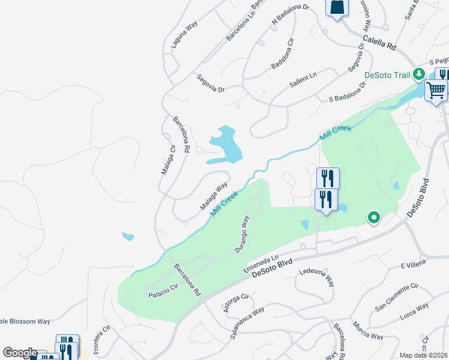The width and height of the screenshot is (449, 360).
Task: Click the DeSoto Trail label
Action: tap(388, 75)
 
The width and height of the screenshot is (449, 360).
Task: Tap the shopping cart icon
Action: tap(436, 91)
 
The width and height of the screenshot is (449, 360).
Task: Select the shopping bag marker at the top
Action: tap(337, 7)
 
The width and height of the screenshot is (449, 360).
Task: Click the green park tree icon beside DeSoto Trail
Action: tap(420, 74)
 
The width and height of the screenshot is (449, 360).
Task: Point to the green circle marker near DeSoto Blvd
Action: tap(374, 217)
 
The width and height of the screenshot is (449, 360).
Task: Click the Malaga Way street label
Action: tap(214, 196)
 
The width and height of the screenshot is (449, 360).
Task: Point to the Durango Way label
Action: tap(241, 234)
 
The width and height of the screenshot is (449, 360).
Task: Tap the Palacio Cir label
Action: tap(163, 293)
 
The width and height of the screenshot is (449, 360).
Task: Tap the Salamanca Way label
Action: tap(247, 324)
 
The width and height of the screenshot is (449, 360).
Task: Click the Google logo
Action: tap(20, 353)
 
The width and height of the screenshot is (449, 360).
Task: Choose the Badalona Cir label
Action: tap(284, 54)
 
